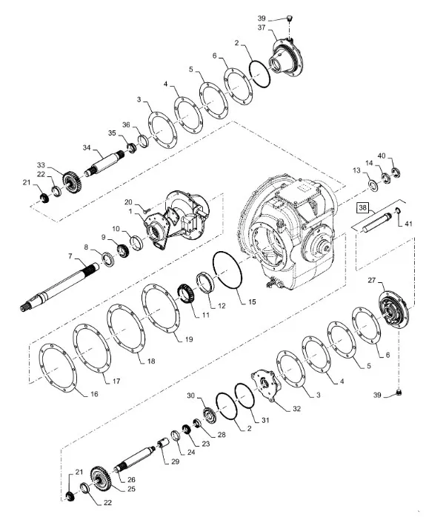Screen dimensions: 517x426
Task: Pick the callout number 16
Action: pos(94,394)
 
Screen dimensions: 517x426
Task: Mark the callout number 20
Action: pos(127,202)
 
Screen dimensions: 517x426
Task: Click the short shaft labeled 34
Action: pos(104,163)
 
